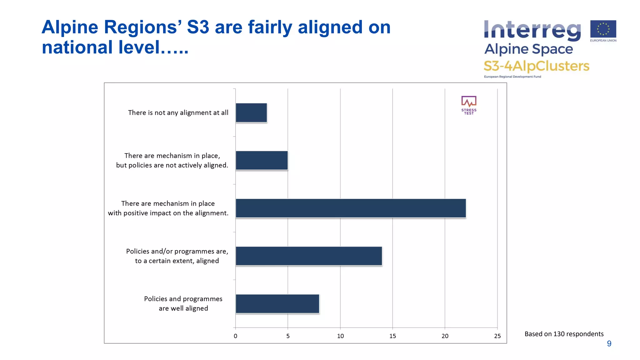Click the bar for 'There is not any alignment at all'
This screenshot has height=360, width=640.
pos(251,113)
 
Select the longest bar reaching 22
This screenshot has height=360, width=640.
pos(351,208)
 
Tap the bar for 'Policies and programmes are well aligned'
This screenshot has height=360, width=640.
pos(277,304)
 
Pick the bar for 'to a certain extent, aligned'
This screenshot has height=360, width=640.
pos(309,256)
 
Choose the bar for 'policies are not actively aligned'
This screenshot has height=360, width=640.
pos(262,161)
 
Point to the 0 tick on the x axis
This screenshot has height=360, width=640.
pos(236,336)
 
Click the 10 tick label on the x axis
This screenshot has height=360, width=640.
pos(340,336)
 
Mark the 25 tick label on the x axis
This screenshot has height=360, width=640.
pos(497,336)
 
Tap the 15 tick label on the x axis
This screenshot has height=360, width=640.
pos(392,336)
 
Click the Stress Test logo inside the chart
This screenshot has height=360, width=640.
pos(469,105)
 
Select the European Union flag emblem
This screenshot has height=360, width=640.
pos(603,29)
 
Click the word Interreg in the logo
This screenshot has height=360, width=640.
pos(532,31)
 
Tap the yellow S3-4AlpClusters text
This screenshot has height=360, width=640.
pos(536,66)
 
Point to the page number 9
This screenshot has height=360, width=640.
pos(609,344)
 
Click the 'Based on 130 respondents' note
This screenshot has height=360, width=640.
pos(564,334)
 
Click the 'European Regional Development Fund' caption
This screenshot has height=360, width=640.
pos(512,77)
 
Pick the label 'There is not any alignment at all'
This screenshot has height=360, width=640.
pos(178,113)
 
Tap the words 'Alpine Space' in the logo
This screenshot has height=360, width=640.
pos(528,49)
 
